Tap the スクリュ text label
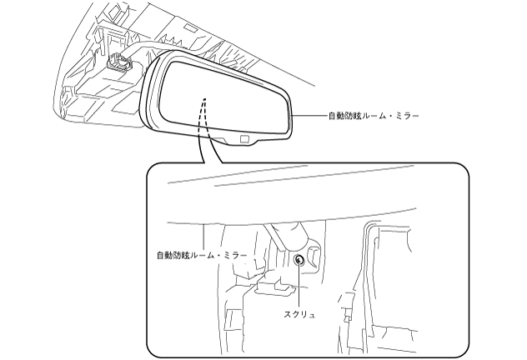300,314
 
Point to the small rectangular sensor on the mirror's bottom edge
243,138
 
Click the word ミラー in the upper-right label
404,115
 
